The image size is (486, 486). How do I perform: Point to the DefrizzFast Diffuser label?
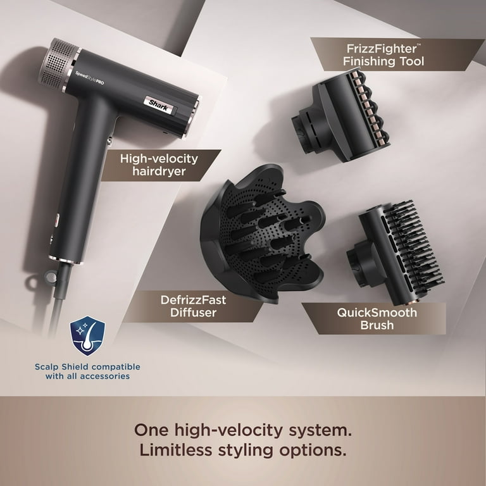[194, 306]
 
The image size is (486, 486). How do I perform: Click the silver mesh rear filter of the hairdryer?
[61, 63]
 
